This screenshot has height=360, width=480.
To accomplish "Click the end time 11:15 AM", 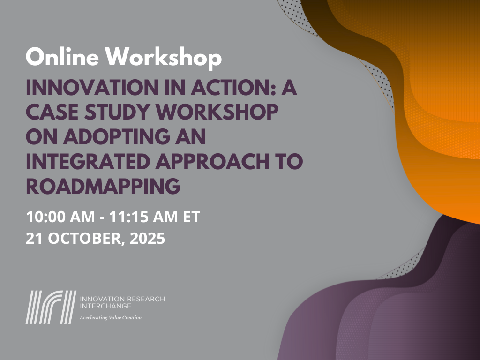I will (x=140, y=217).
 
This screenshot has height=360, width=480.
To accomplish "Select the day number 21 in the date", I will (x=33, y=239).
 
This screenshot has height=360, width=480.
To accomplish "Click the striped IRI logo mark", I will (x=51, y=307).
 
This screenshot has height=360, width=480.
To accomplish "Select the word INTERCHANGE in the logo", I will (x=106, y=306).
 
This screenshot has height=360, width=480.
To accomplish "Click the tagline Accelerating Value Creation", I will (x=111, y=317).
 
